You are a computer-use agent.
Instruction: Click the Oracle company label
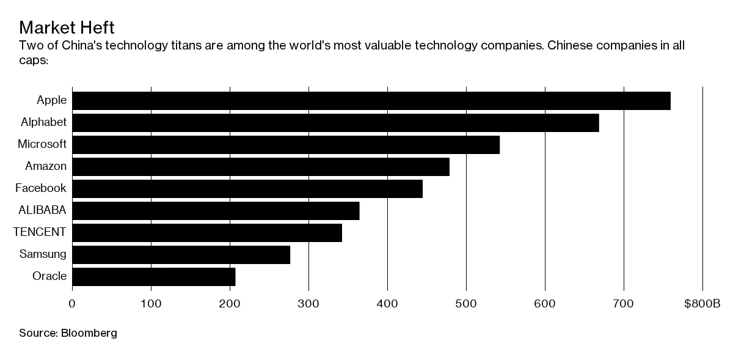click(49, 276)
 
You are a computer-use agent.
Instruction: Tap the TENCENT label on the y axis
click(40, 232)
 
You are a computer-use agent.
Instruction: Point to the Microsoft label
click(42, 144)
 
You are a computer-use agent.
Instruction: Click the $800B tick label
click(702, 304)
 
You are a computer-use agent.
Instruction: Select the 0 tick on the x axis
click(72, 304)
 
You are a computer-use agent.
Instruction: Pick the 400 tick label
click(387, 304)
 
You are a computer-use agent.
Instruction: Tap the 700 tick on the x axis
click(624, 304)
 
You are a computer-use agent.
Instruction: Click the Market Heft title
click(67, 28)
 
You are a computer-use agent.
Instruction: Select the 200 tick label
click(230, 304)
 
